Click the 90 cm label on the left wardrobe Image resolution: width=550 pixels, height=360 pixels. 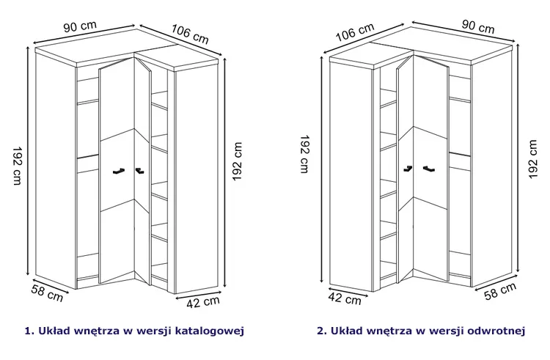(80, 26)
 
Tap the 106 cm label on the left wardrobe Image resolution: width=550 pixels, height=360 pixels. (190, 34)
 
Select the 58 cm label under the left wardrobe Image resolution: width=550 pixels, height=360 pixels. (47, 293)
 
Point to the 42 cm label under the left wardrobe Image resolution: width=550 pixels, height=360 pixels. (203, 302)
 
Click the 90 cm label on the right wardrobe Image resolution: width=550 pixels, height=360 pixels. (477, 26)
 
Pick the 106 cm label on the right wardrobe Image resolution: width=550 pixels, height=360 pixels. (356, 32)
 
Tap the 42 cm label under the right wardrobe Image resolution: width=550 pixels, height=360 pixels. (345, 298)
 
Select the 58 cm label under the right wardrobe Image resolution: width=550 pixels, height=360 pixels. (501, 291)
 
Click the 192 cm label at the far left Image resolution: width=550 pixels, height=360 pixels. (17, 166)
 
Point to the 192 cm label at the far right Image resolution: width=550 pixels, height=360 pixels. (532, 159)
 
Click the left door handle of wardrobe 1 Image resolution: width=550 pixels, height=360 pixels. (119, 171)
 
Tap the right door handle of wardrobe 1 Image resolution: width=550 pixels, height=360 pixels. (139, 171)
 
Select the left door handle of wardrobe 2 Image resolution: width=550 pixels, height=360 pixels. (408, 168)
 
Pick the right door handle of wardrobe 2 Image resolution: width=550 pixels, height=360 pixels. (429, 169)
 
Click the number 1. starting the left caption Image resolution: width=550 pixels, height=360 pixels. (29, 331)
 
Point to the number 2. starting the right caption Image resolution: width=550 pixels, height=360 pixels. (322, 331)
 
